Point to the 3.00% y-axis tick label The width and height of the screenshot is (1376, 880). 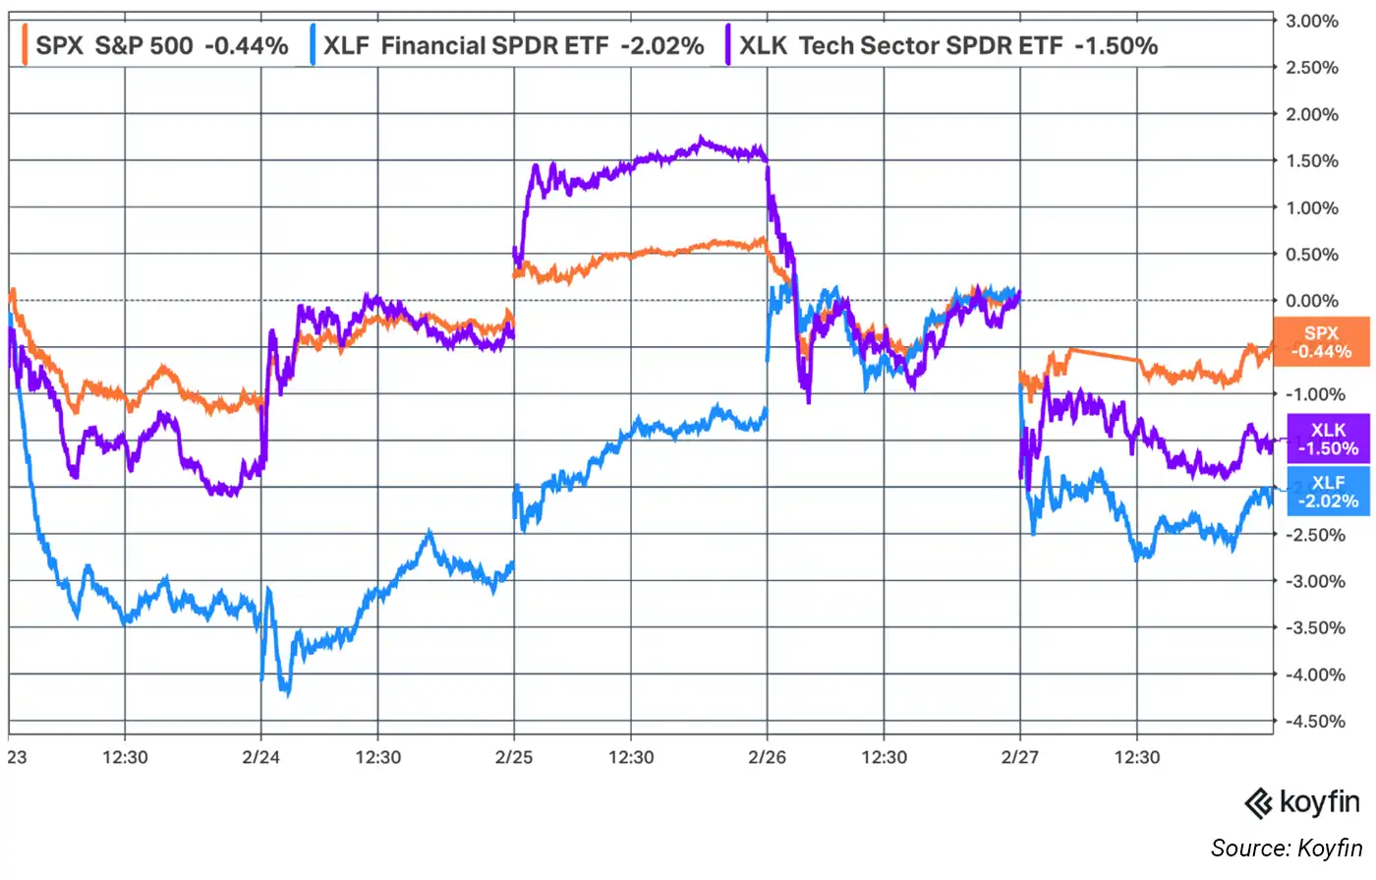(1314, 21)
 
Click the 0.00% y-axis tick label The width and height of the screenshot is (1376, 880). (1314, 301)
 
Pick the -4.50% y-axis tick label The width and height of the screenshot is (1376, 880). (1314, 721)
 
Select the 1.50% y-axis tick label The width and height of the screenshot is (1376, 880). (1314, 161)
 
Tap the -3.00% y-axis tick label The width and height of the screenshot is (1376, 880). (1314, 581)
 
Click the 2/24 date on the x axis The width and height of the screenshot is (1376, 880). (260, 757)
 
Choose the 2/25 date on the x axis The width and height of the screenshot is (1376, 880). (514, 757)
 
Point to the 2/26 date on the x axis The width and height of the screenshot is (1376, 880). (767, 757)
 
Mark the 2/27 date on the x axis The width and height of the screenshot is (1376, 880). (1019, 757)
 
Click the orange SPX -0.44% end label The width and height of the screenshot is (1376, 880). (1321, 342)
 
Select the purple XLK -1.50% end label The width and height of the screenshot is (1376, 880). (1328, 439)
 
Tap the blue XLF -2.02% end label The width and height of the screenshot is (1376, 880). (1328, 492)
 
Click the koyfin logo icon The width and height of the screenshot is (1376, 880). (1259, 803)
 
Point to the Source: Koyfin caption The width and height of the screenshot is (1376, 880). (1287, 848)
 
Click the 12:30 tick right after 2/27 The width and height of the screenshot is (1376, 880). (1137, 757)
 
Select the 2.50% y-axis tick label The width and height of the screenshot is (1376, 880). (1314, 68)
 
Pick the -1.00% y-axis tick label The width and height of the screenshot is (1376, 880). (1314, 394)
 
